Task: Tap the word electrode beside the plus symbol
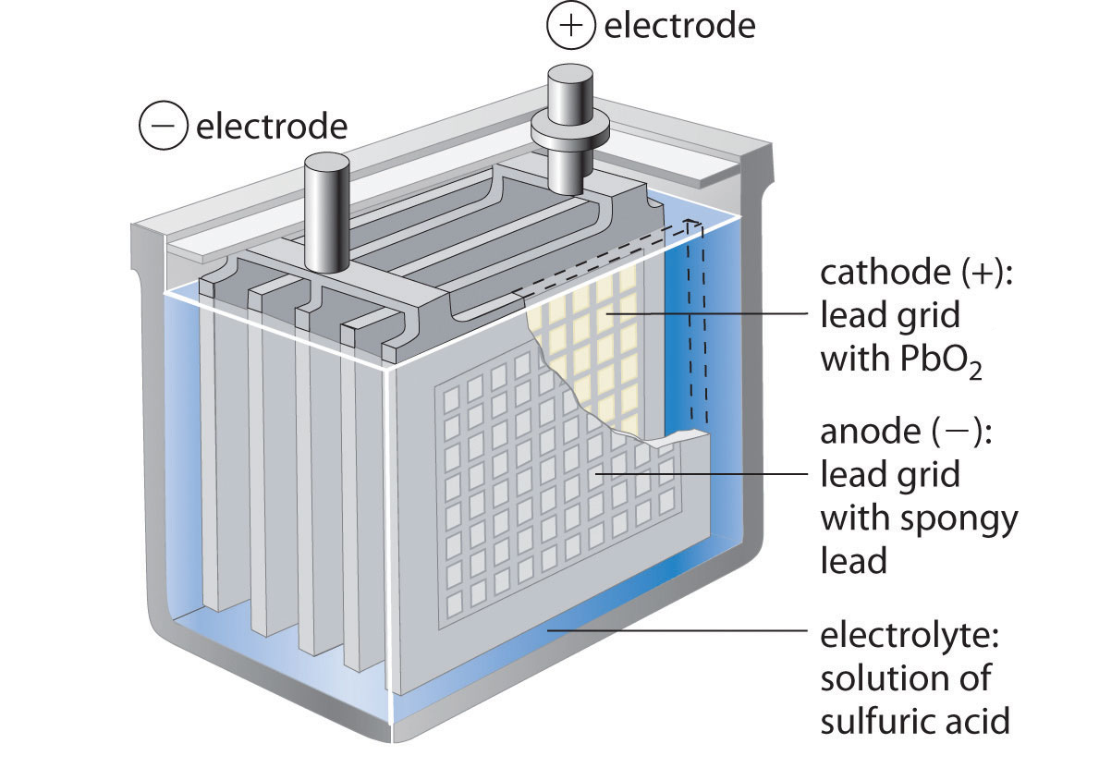[x=679, y=26]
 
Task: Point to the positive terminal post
[x=572, y=92]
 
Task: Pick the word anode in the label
[x=868, y=433]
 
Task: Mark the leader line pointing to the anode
[x=702, y=474]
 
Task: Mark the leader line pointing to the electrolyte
[x=675, y=631]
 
